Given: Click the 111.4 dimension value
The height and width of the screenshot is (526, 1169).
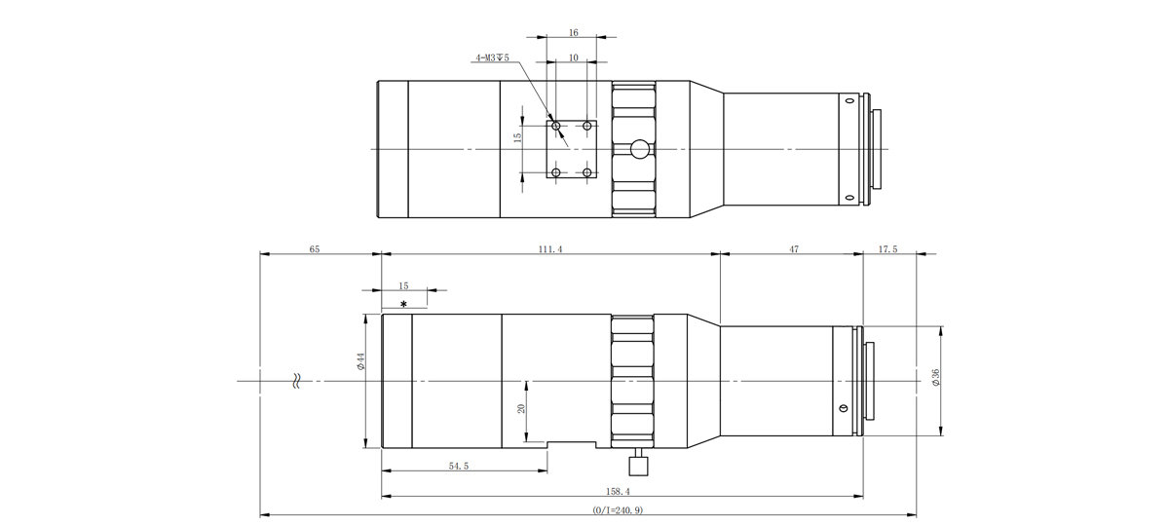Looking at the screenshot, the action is click(x=550, y=249).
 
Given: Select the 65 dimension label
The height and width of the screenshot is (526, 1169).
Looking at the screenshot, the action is click(x=314, y=249).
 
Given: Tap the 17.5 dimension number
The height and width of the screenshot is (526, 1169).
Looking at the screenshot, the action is click(x=887, y=249).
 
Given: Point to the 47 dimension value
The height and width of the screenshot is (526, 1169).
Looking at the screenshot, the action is click(x=794, y=249).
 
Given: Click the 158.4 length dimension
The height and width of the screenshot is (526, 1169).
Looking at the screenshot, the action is click(x=618, y=492).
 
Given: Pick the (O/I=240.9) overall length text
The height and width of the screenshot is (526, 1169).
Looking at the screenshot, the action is click(x=618, y=509).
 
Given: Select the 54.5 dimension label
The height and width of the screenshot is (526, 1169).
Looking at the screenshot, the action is click(x=459, y=466).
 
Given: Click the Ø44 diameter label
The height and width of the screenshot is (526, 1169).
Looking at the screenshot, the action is click(x=360, y=361).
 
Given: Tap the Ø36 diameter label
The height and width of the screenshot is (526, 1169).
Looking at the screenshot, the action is click(x=935, y=377).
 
